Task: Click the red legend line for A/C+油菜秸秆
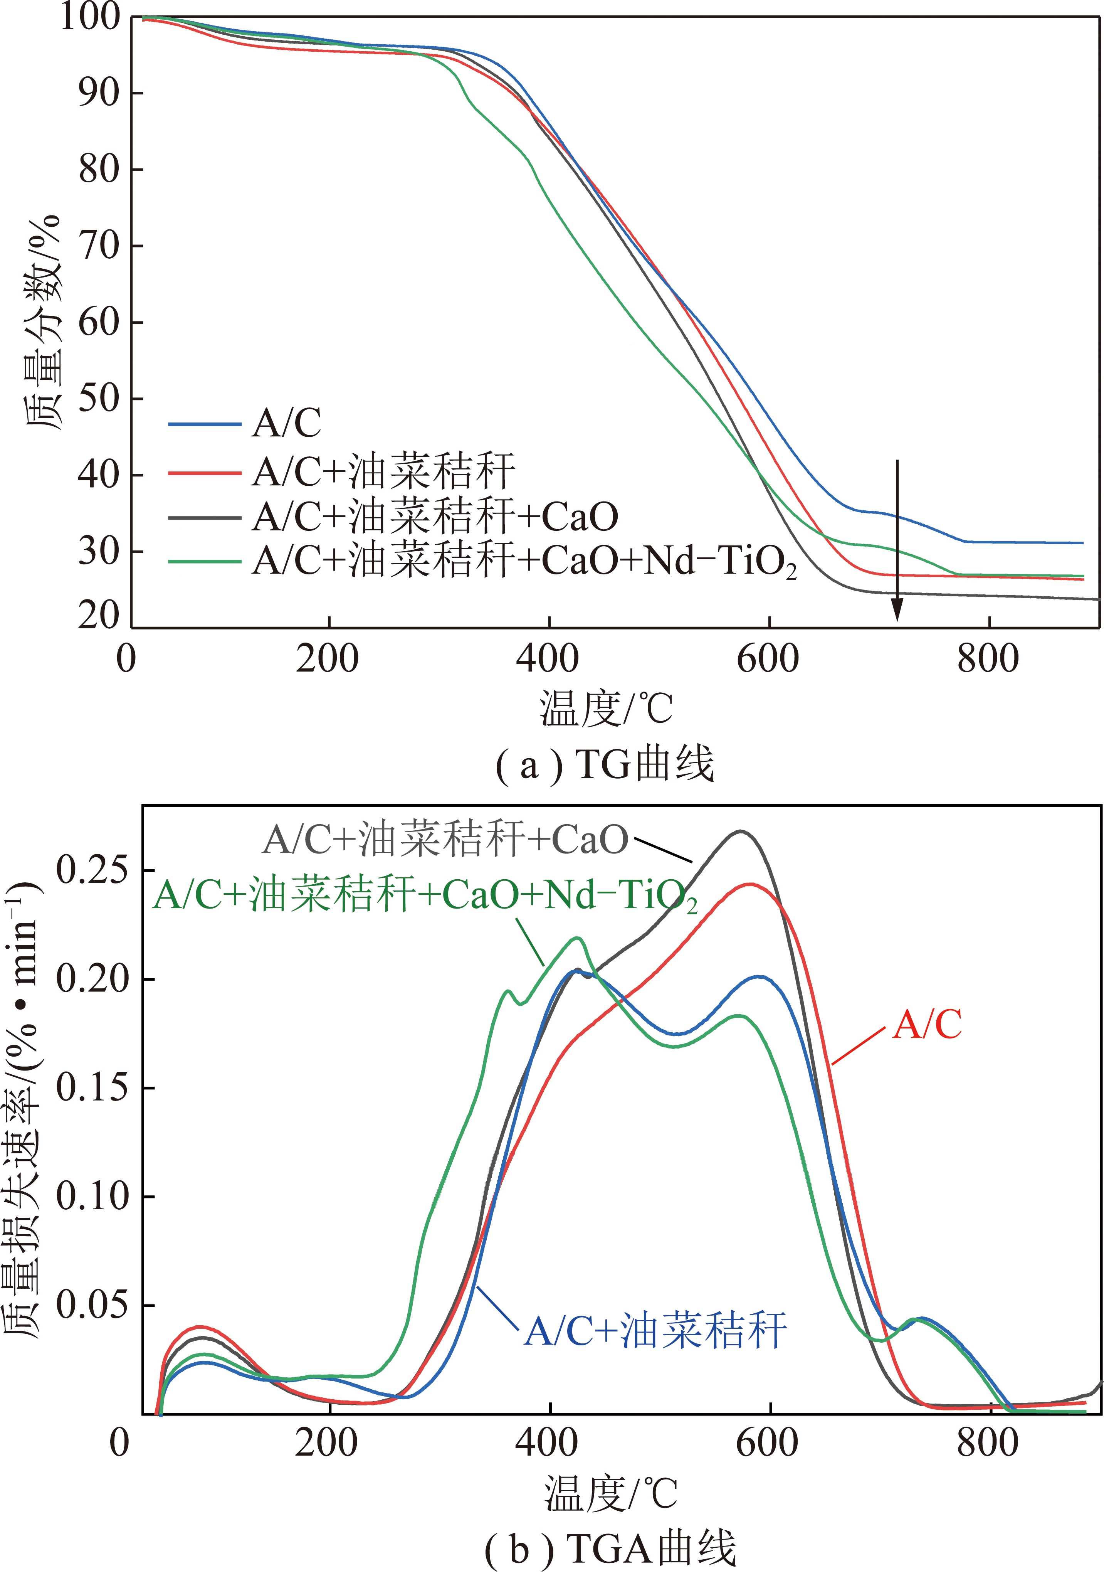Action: coord(205,473)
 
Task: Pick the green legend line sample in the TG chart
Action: coord(205,561)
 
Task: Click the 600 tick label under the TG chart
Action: coord(768,659)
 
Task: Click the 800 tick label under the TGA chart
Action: coord(988,1443)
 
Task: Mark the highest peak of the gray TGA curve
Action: coord(741,832)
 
